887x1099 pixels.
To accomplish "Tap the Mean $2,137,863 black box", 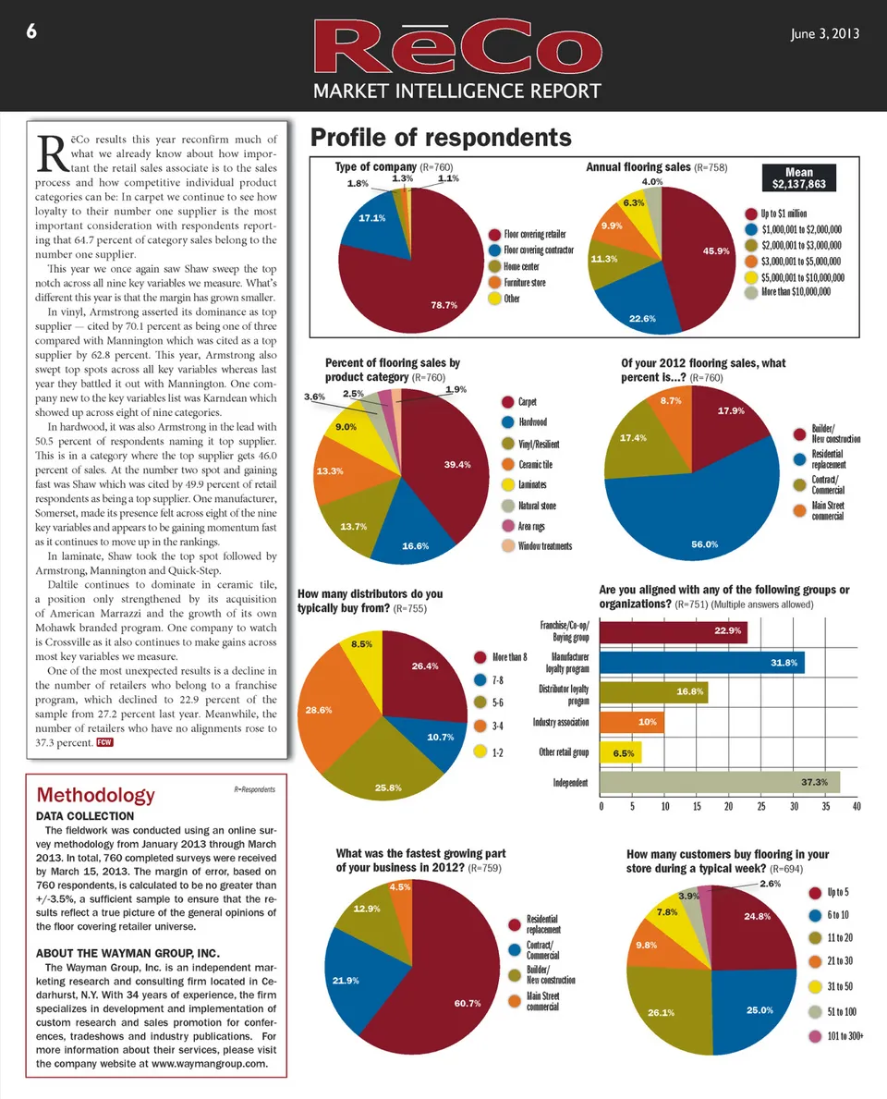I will (x=798, y=177).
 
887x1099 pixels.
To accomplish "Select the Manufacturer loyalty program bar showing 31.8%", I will (x=702, y=662).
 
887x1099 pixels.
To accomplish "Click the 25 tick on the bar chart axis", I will (x=761, y=807).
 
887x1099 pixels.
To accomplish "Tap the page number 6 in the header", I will (x=31, y=31).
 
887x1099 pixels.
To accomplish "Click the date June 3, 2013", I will (x=826, y=34).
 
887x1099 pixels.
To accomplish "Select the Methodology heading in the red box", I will (x=95, y=795).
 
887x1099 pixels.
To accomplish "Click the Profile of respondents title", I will (x=441, y=138).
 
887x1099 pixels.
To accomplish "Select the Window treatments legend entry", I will (x=545, y=546).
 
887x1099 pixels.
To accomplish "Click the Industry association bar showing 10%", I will (x=632, y=722).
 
